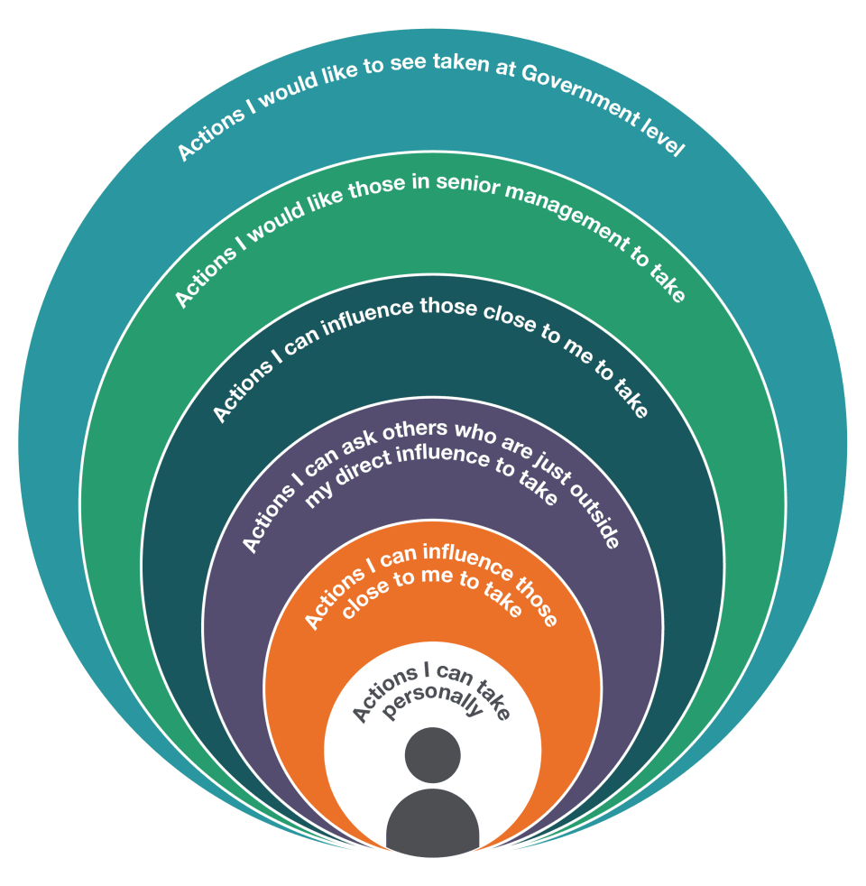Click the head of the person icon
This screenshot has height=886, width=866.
[433, 755]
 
